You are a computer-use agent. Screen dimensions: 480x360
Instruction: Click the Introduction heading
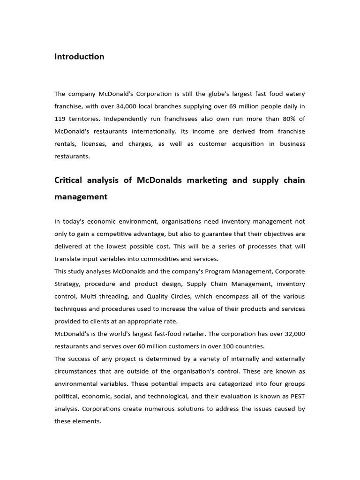tap(79, 57)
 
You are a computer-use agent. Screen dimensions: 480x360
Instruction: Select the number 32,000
tap(294, 334)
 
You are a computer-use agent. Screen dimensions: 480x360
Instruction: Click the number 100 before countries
tap(232, 346)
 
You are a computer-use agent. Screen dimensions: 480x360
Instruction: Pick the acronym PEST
tap(297, 396)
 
